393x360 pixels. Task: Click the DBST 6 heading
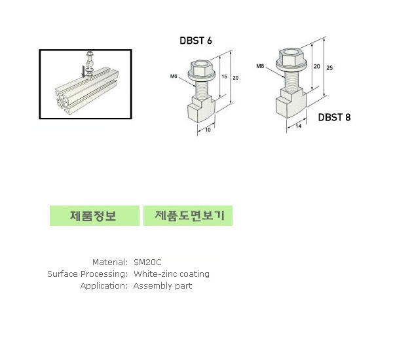coord(196,41)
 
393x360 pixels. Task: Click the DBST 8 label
coord(334,117)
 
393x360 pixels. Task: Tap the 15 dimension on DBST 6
coord(224,77)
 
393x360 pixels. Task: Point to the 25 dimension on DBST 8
coord(329,67)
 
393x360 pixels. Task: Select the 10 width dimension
coord(208,130)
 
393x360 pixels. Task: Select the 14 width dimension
coord(298,126)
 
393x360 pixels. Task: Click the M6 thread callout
coord(174,76)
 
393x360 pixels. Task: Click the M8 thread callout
coord(260,66)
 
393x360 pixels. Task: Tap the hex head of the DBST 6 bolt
coord(201,69)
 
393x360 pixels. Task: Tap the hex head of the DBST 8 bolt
coord(291,58)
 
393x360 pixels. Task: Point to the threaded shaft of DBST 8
coord(291,79)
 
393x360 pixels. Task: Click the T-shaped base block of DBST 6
coord(201,109)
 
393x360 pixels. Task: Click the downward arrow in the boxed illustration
coord(83,71)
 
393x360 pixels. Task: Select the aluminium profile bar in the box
coord(86,92)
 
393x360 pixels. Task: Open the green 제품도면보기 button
coord(188,215)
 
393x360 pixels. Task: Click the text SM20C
coord(147,262)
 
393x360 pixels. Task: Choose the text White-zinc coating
coord(172,274)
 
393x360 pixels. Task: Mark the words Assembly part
coord(162,286)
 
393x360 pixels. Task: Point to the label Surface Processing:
coord(88,274)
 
